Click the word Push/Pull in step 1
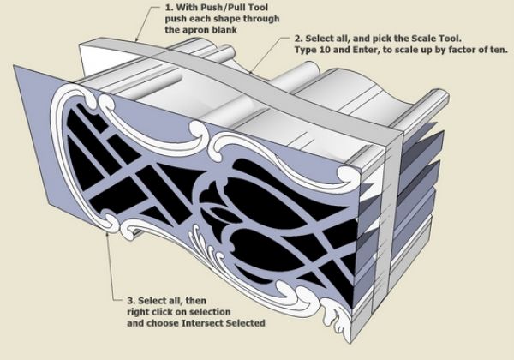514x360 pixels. click(207, 9)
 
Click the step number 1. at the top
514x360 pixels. click(167, 9)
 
